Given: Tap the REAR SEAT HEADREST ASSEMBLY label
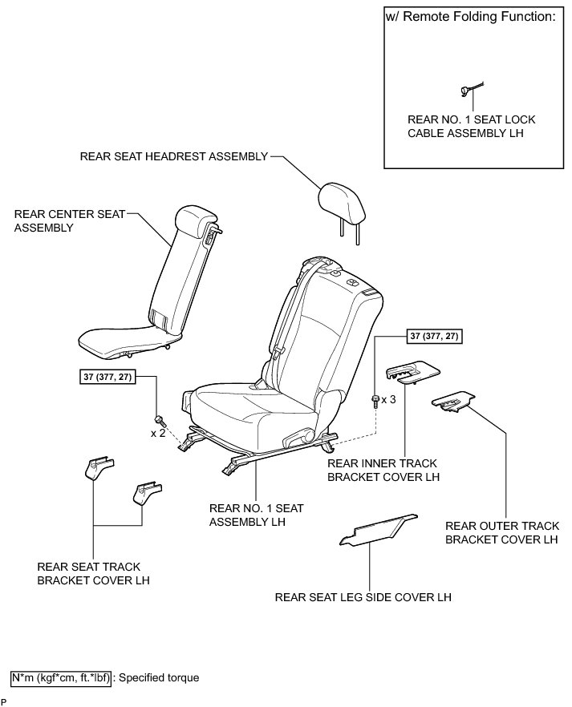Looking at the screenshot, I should pos(173,156).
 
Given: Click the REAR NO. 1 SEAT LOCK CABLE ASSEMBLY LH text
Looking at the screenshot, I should pos(471,127).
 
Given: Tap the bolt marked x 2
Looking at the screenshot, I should pos(160,418).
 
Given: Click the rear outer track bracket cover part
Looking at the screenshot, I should pos(453,402).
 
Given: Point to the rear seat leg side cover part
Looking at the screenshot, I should pos(379,528).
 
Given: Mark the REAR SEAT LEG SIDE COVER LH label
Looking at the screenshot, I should pos(363,597).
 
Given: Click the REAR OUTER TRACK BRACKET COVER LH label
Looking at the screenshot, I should pos(501,533).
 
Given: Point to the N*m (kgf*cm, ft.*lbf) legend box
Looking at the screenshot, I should pos(61,677).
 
